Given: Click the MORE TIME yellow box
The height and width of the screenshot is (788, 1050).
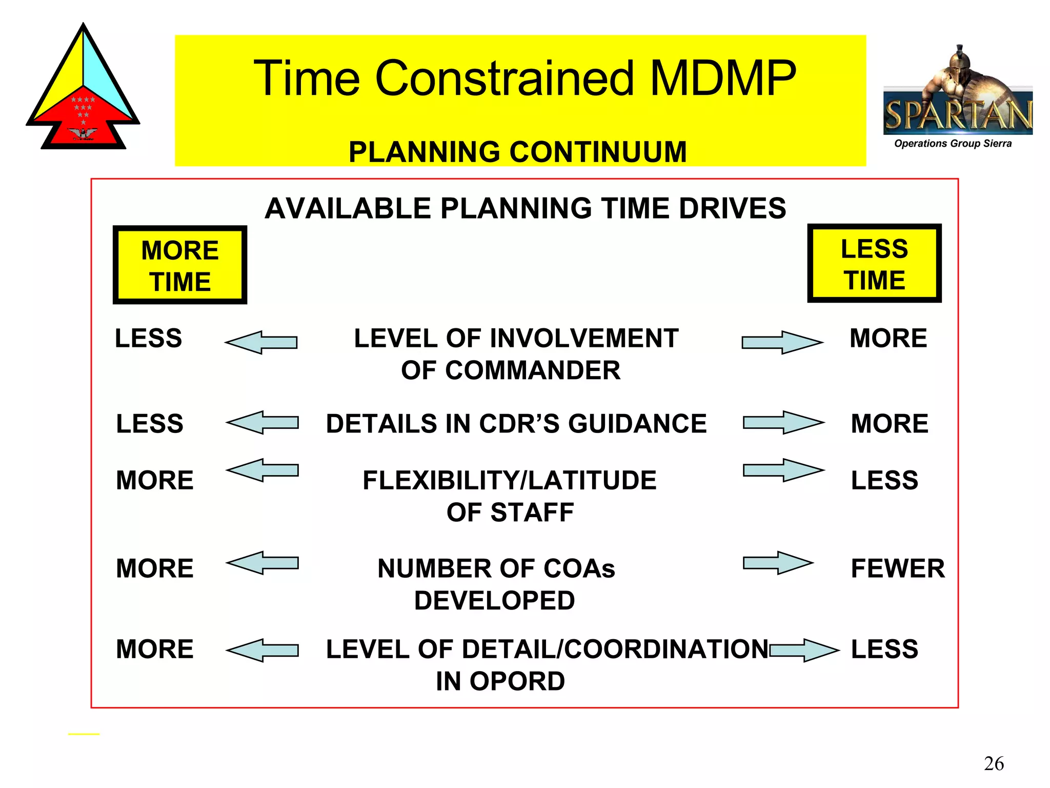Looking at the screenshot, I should (180, 265).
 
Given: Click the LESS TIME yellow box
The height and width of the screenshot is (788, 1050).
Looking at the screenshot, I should (874, 264).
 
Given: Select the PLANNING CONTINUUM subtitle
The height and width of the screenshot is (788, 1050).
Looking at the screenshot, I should (517, 152).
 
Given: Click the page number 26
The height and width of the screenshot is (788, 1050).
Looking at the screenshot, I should (994, 763).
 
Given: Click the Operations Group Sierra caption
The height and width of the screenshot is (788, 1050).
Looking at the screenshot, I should (953, 144).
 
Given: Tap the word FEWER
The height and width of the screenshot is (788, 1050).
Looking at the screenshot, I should (897, 568).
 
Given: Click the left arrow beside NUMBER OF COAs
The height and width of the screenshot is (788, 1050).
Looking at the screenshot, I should (262, 563).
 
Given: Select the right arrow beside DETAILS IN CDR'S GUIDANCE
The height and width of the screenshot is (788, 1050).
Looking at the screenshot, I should (783, 423).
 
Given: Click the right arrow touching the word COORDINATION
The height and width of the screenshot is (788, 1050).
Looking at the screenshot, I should (804, 650).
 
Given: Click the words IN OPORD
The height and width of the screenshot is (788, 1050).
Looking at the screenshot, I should (500, 681).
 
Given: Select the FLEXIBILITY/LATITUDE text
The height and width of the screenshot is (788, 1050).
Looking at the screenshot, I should (509, 480).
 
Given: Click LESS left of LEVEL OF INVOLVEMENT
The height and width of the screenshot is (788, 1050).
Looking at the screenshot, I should (148, 339).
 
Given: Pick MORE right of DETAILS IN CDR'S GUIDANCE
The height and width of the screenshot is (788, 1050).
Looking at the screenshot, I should (890, 424).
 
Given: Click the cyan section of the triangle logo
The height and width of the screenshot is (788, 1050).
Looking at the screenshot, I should (105, 77).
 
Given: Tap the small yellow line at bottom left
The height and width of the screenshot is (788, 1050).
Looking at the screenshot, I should (84, 734).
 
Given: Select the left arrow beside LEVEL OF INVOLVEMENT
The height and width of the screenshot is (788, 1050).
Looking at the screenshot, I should (261, 342).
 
